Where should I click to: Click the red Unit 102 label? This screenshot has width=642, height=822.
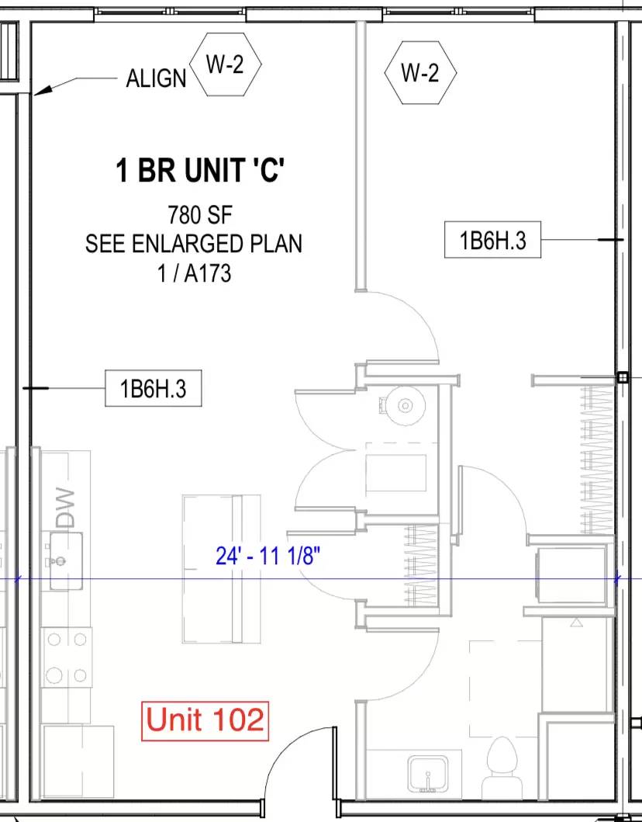[x=205, y=720]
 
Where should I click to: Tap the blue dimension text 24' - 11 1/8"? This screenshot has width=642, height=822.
[x=267, y=556]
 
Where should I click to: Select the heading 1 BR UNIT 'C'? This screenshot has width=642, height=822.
[x=201, y=171]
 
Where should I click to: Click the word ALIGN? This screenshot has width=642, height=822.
[x=156, y=78]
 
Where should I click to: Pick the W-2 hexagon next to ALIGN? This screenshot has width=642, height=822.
[x=225, y=65]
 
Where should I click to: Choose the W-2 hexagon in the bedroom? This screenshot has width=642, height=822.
[x=420, y=72]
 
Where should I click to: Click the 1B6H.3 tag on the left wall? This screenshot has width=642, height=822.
[x=153, y=389]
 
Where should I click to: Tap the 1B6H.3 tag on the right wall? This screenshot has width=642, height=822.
[x=492, y=240]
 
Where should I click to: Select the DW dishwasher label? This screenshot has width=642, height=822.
[x=66, y=508]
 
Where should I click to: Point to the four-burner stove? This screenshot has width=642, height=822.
[x=67, y=657]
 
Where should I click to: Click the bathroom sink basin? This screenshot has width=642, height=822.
[x=428, y=775]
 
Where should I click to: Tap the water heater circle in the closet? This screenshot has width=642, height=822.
[x=405, y=405]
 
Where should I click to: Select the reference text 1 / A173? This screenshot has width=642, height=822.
[x=195, y=274]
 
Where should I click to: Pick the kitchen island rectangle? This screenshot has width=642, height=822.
[x=222, y=569]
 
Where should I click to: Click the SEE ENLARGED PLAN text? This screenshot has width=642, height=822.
[x=194, y=244]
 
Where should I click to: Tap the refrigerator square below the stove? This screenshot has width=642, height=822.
[x=78, y=762]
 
